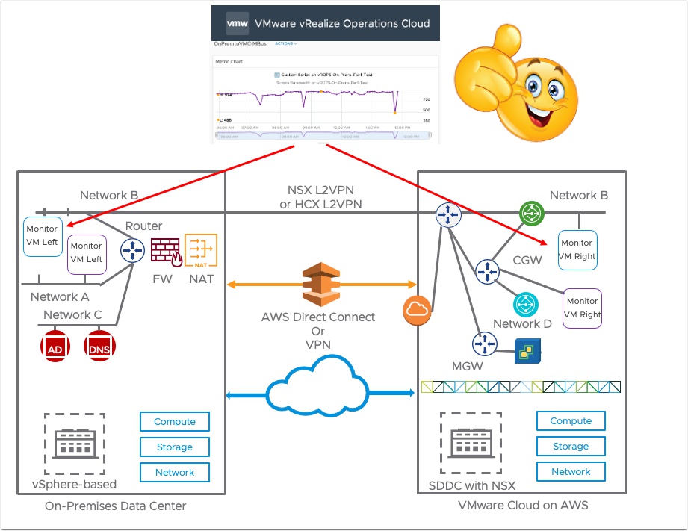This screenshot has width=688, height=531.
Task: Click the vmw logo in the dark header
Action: click(x=238, y=23)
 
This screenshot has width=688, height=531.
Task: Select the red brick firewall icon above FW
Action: click(x=166, y=249)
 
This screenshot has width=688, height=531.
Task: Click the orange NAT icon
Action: click(x=200, y=249)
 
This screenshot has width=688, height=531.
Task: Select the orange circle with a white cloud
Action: click(x=418, y=311)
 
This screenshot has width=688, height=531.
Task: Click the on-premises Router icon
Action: click(x=133, y=249)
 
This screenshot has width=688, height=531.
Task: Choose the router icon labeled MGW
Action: click(x=484, y=344)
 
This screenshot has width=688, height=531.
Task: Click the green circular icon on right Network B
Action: click(x=531, y=214)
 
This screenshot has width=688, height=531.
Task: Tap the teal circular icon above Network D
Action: click(x=526, y=304)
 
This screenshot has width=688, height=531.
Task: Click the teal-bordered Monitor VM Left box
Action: click(x=43, y=236)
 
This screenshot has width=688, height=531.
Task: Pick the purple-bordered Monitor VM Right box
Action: click(x=581, y=308)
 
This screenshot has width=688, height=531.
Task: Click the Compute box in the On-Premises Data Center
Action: click(x=175, y=421)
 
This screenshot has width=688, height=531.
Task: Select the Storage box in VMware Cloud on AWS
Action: click(x=571, y=446)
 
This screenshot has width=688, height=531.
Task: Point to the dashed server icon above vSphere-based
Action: click(x=74, y=445)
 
